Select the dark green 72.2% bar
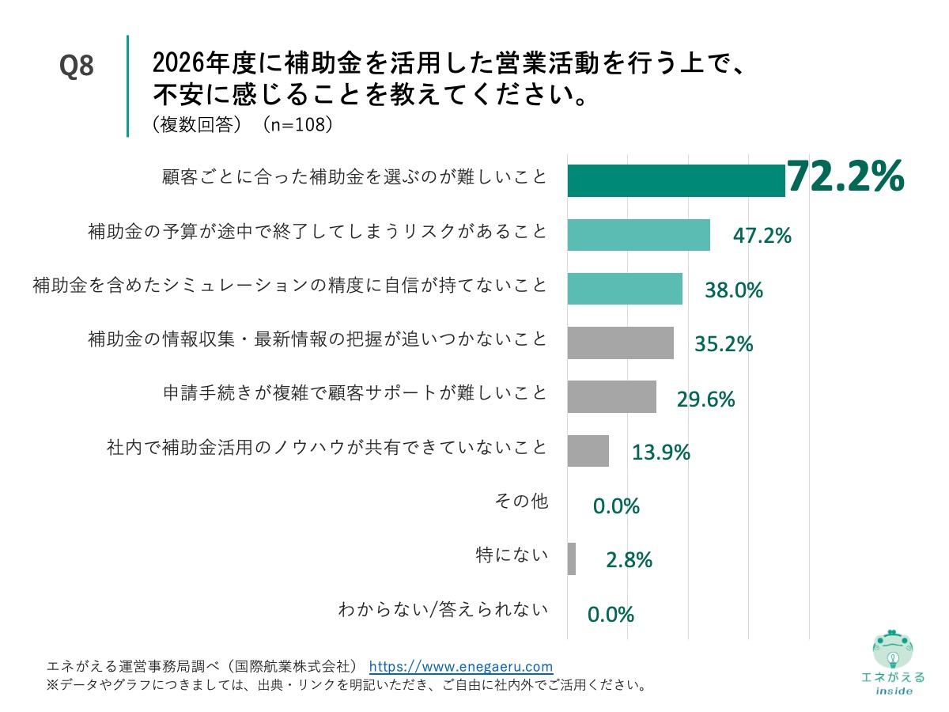[676, 180]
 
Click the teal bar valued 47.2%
[638, 234]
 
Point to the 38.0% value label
[733, 290]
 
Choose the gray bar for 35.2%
[620, 343]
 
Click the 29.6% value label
[705, 400]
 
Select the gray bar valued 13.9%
[588, 450]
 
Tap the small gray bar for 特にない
[571, 559]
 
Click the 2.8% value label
[629, 560]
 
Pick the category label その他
[520, 502]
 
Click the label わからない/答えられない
[443, 610]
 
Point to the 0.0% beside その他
[616, 506]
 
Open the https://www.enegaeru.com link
[461, 666]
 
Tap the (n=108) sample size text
[296, 124]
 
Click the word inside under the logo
[893, 691]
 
